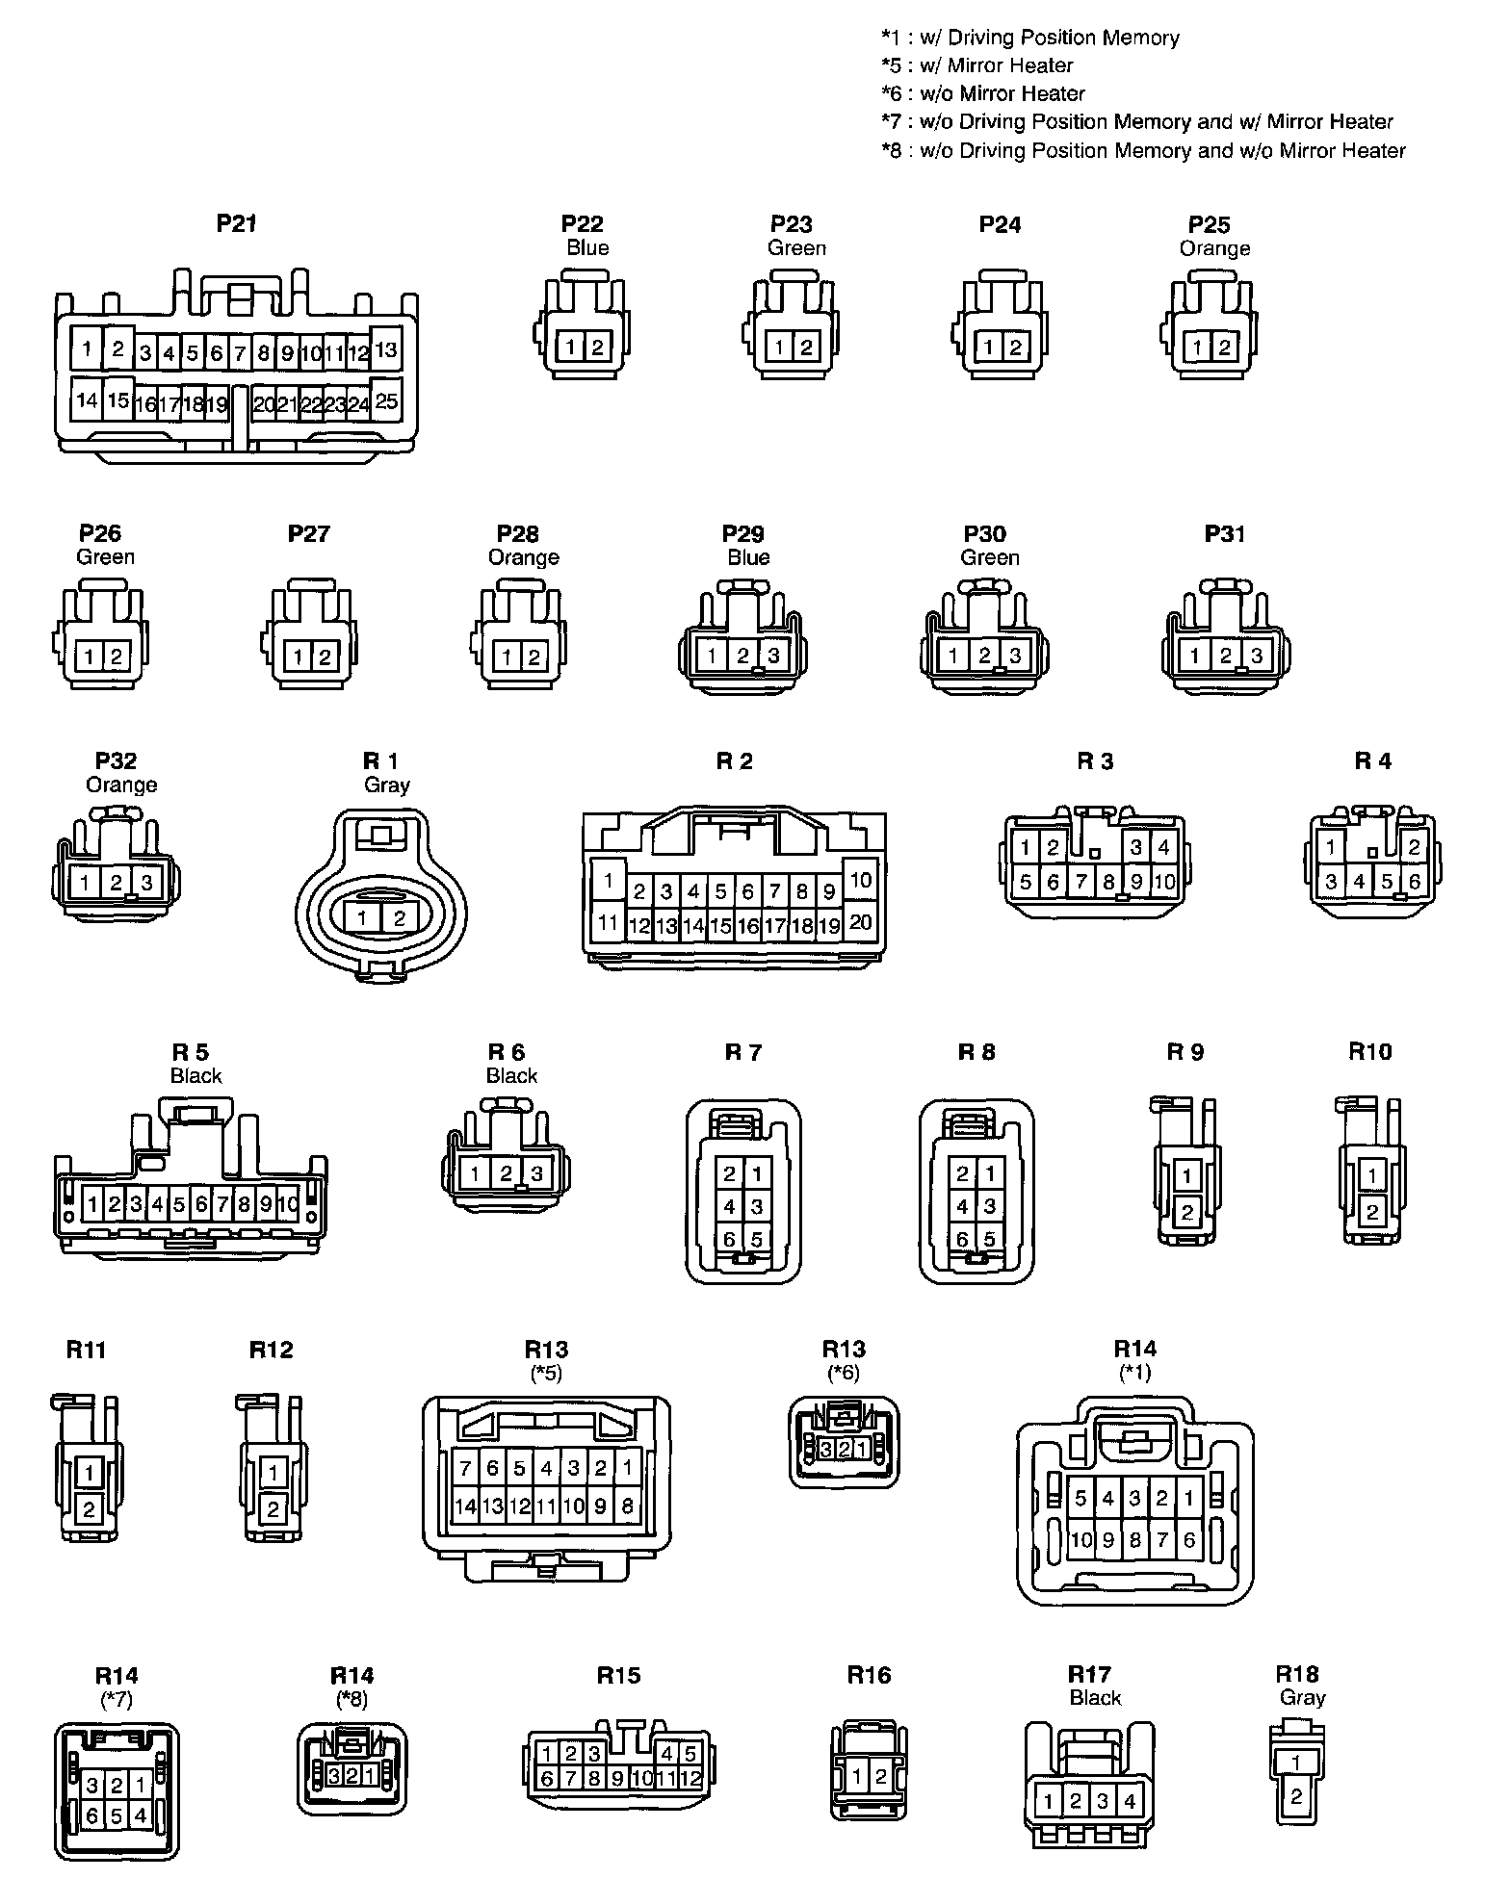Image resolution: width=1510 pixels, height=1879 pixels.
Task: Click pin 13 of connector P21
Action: click(x=385, y=350)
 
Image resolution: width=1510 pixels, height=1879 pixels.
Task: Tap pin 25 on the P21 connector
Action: click(x=385, y=400)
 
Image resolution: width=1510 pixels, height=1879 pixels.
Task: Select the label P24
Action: click(x=1000, y=224)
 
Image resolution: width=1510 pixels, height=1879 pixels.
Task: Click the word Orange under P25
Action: click(x=1214, y=248)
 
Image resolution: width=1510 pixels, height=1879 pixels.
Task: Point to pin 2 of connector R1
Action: click(x=399, y=918)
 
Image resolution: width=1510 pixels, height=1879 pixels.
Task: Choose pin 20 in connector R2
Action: click(x=860, y=922)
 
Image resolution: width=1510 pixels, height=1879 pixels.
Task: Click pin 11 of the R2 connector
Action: click(x=608, y=923)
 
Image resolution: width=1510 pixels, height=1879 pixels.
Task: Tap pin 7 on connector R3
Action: click(x=1081, y=881)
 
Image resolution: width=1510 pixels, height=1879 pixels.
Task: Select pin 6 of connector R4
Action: click(x=1414, y=881)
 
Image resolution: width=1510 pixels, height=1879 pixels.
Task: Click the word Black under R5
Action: click(x=195, y=1075)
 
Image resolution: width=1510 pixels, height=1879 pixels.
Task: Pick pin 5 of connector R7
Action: click(x=757, y=1239)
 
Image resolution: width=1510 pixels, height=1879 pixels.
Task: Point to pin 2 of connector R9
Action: click(x=1186, y=1213)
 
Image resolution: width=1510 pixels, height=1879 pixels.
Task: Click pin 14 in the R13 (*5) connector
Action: click(x=466, y=1506)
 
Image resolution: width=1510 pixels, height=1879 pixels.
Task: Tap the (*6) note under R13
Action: click(x=844, y=1373)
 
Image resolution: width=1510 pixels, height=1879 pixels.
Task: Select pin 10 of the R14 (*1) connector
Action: click(x=1081, y=1540)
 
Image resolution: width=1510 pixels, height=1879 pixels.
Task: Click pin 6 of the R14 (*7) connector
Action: click(x=92, y=1816)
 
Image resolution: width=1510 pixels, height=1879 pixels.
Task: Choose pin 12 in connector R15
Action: click(x=690, y=1779)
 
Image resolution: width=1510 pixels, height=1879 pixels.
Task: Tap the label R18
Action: click(x=1296, y=1674)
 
